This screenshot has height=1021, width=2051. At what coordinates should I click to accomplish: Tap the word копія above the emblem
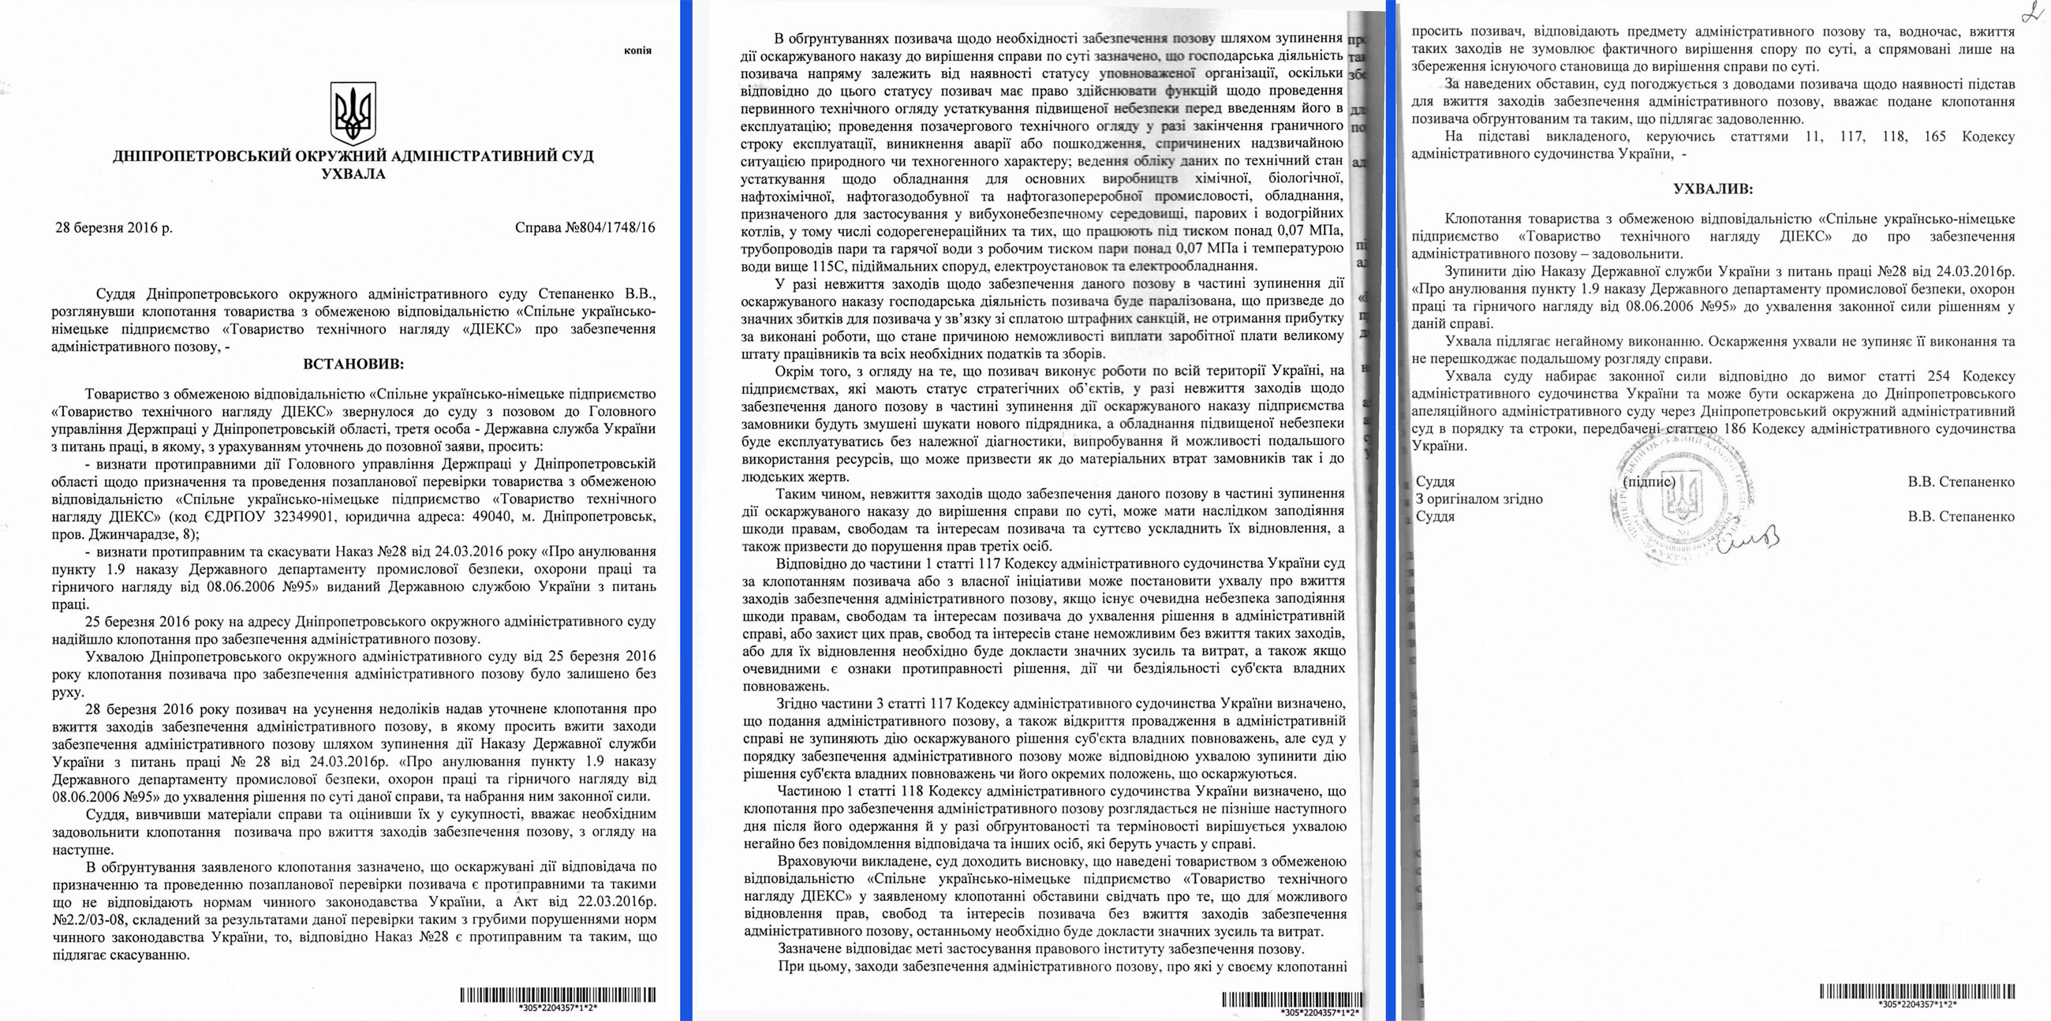637,50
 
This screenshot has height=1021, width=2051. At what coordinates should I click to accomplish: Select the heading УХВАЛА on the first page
353,174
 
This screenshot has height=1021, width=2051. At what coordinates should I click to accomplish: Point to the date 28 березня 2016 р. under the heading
113,228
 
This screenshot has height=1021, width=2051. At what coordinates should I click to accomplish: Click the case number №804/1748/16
585,228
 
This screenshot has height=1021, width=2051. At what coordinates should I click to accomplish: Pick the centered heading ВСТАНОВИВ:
353,365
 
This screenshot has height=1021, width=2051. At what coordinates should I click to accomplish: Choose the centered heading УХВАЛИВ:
1712,189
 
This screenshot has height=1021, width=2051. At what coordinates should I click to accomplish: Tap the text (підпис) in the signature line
1648,482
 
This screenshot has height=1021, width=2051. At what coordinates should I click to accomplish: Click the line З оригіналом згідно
1478,499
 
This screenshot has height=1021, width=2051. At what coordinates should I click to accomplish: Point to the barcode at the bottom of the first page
558,995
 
